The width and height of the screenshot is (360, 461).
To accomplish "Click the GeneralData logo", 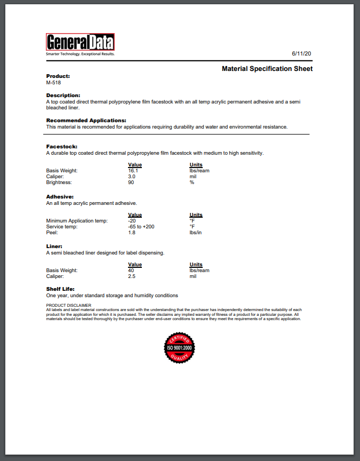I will [x=80, y=43].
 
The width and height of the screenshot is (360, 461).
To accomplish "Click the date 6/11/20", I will [x=301, y=54].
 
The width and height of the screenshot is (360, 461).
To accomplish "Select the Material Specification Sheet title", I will [x=267, y=69].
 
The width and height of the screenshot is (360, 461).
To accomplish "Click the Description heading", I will [x=63, y=95].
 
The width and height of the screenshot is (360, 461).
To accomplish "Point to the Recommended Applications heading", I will [x=86, y=121].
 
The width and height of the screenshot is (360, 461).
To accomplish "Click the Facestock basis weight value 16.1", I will [x=133, y=171].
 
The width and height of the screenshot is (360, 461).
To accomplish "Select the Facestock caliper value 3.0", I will [x=132, y=177].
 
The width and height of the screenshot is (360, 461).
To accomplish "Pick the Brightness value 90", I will [x=131, y=182].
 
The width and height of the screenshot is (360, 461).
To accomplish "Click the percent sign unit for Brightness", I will [x=191, y=182].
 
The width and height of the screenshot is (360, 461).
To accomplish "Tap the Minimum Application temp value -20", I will [x=132, y=221].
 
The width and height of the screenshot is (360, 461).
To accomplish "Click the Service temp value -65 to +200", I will [x=141, y=227].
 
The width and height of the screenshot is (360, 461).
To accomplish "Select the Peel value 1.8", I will [x=132, y=233].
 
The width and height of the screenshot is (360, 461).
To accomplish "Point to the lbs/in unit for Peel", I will [x=196, y=233].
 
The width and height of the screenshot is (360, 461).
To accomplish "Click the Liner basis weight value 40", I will [x=131, y=271].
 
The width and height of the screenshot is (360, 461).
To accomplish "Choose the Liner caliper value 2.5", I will [x=132, y=276].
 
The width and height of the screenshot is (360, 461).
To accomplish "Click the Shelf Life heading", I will [x=60, y=289].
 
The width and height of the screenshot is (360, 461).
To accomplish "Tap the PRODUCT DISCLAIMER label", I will [x=69, y=305].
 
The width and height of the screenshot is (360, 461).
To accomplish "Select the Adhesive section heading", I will [x=60, y=197].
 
